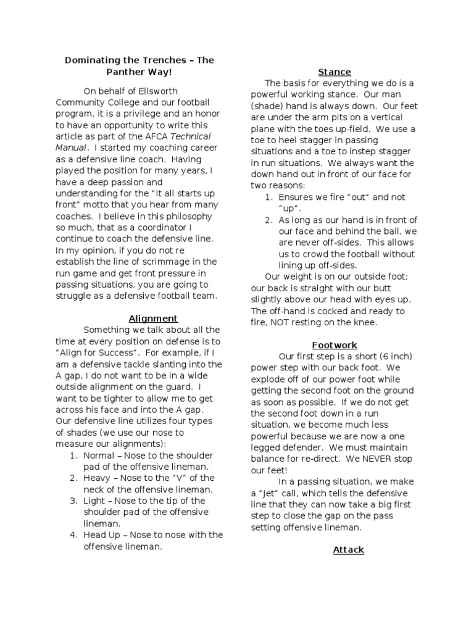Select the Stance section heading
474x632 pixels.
[335, 72]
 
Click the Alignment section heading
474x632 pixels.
[153, 318]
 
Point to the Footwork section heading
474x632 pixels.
[335, 345]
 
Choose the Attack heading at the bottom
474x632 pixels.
[348, 549]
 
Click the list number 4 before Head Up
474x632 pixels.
[73, 535]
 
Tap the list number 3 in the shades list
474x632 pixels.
[73, 501]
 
